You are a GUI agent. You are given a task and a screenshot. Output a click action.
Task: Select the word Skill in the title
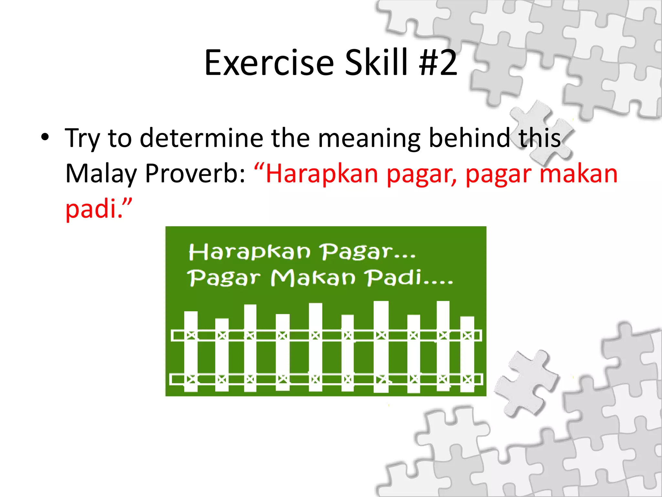click(x=376, y=63)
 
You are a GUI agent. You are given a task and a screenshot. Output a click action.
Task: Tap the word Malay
click(x=101, y=174)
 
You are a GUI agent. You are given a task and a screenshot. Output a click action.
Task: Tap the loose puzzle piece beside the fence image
click(x=527, y=382)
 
